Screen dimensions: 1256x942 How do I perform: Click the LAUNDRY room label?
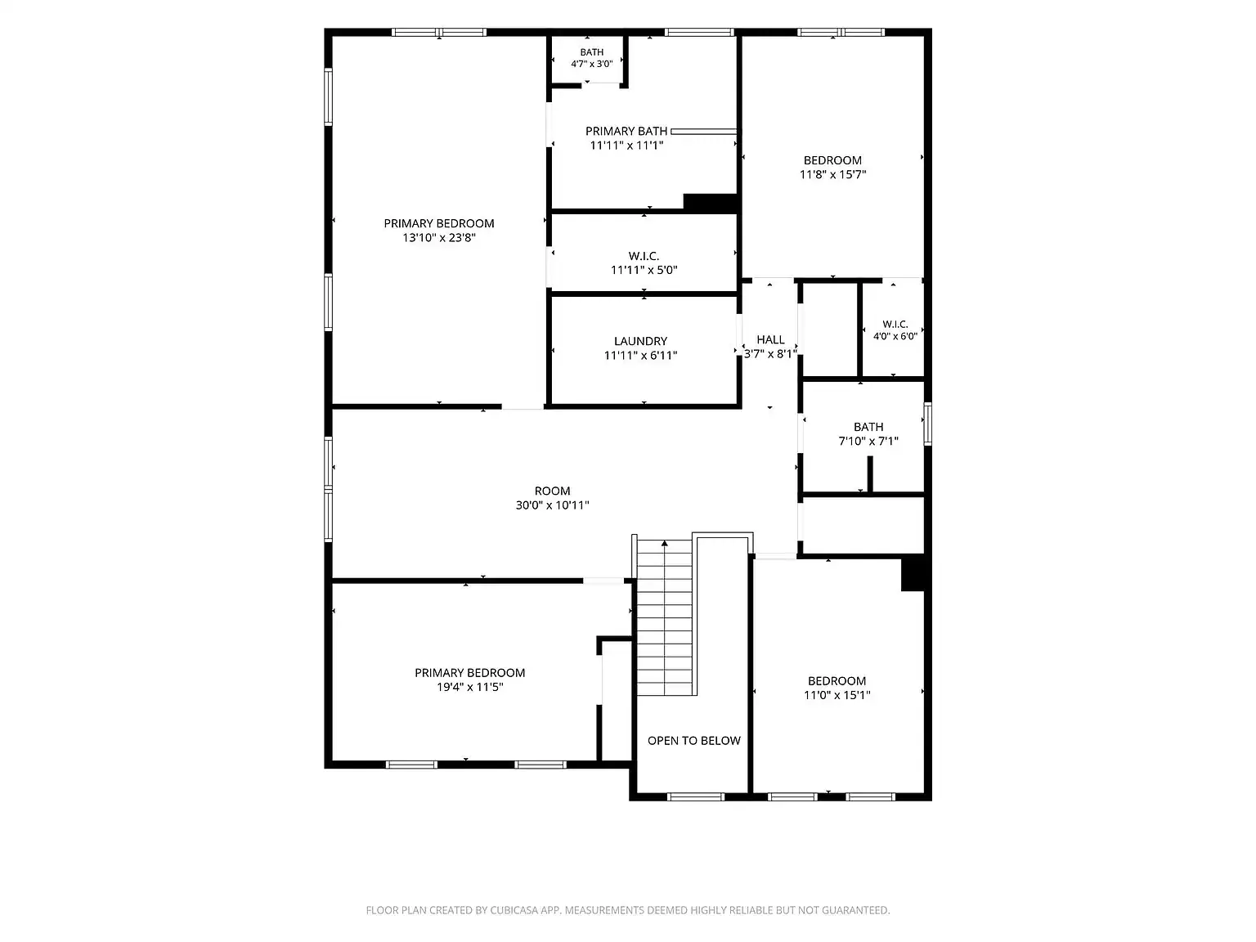coord(640,341)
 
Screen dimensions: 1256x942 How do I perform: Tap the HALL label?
coord(770,339)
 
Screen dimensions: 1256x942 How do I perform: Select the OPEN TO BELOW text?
coord(693,741)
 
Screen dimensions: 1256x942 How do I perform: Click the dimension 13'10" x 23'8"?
coord(439,237)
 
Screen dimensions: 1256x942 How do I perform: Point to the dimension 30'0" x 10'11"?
coord(552,505)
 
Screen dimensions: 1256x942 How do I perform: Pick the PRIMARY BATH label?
coord(626,131)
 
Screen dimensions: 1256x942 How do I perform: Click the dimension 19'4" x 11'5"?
coord(470,687)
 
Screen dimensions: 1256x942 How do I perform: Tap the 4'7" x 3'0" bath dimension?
coord(592,64)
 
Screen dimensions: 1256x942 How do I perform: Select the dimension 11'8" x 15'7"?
coord(832,174)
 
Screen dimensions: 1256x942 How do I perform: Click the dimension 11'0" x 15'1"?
coord(837,695)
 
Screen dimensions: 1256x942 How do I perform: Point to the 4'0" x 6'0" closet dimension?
coord(895,336)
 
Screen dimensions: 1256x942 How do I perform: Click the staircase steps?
coord(664,617)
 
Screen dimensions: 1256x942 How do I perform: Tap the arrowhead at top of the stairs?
coord(664,543)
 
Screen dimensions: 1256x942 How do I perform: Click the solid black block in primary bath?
coord(710,203)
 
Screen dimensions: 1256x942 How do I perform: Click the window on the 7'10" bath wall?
coord(927,424)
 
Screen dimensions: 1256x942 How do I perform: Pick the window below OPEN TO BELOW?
coord(696,796)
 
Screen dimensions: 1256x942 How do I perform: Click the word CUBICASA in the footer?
coord(513,910)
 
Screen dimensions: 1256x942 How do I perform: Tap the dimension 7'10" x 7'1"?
coord(868,441)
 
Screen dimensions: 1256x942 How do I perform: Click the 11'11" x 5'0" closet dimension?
coord(644,270)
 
